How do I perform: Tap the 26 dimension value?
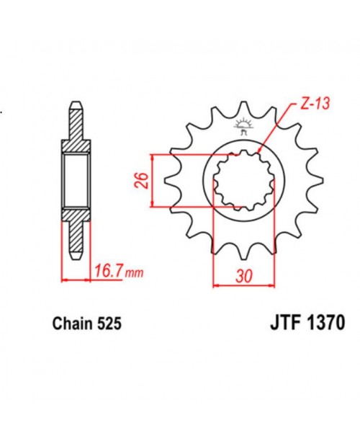pos(142,180)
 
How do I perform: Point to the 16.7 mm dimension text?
pos(108,272)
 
